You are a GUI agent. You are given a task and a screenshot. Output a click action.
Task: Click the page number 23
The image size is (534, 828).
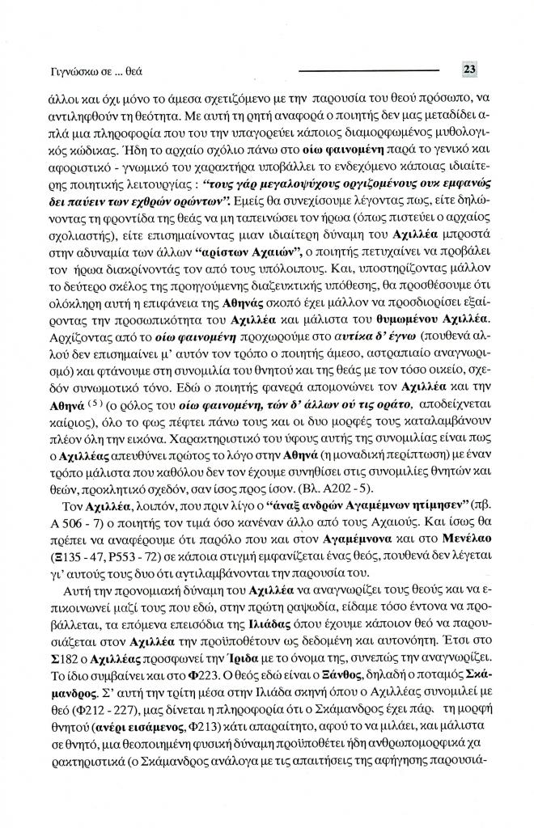[469, 70]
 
